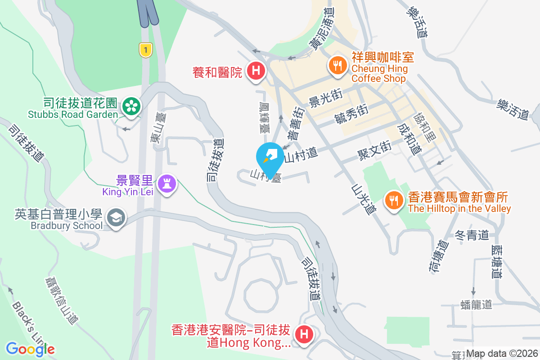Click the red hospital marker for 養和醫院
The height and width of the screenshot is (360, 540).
pos(256,71)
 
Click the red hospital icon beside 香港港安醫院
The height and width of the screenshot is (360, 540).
pos(304,335)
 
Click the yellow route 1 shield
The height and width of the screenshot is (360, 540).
pos(145,49)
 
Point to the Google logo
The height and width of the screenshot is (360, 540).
pos(30,349)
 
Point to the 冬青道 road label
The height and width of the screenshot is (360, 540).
pos(472,235)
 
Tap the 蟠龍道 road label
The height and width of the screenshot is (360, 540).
pos(477,305)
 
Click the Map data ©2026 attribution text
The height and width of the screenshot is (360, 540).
pos(502,354)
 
